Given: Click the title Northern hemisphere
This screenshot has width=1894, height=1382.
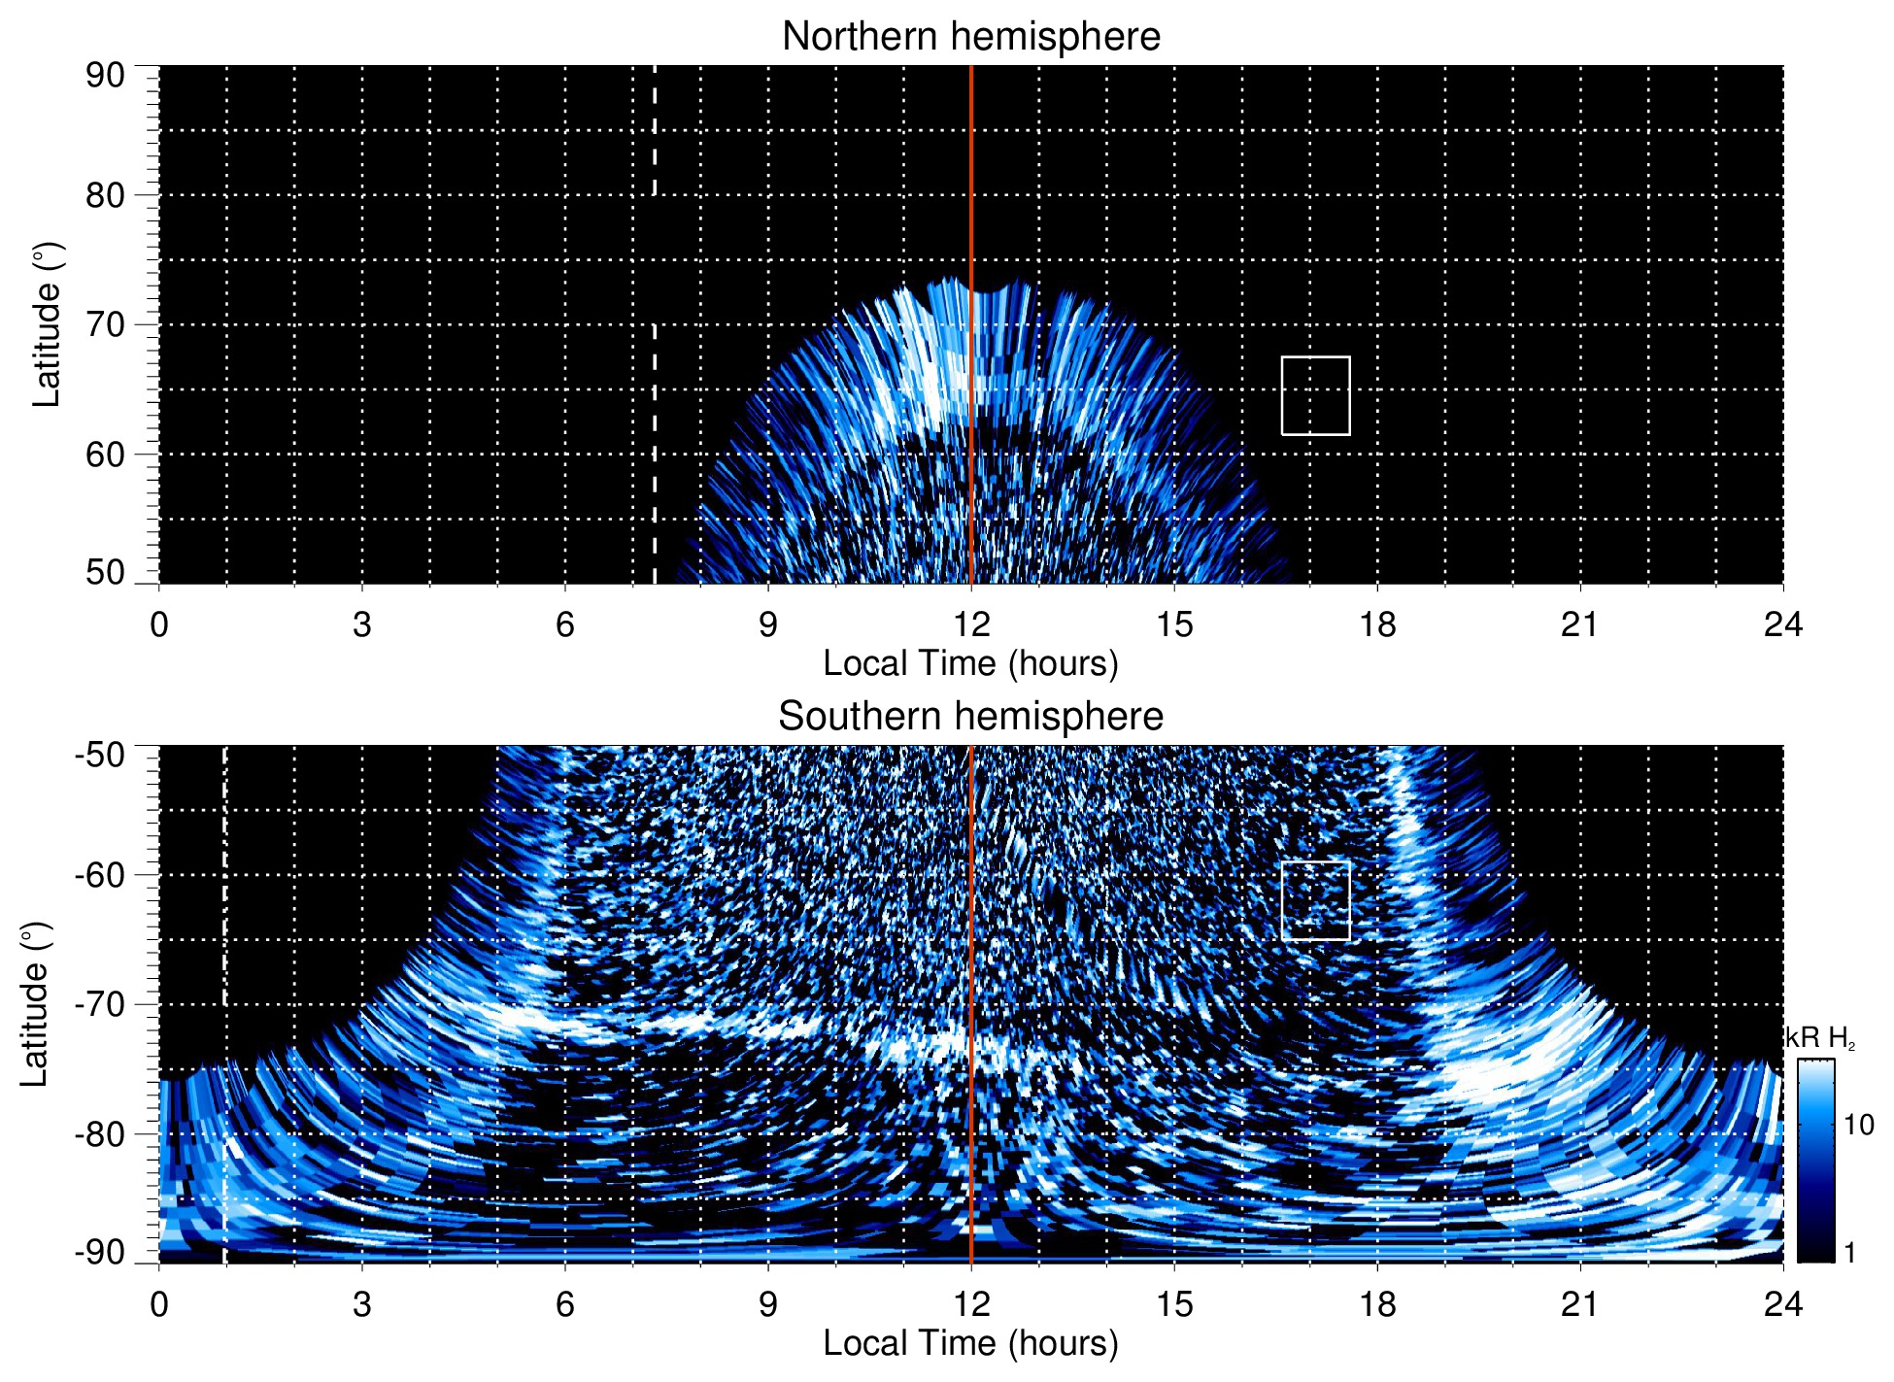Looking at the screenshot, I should tap(970, 37).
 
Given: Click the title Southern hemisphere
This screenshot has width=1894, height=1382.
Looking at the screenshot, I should tap(970, 717).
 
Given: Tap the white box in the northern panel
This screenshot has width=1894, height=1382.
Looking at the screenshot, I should tap(1315, 395).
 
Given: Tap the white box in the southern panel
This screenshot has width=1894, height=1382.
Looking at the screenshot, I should tap(1315, 900).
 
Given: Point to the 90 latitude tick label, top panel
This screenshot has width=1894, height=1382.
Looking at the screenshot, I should tap(105, 76).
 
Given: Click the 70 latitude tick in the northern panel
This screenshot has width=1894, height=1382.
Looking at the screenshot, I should tap(105, 324).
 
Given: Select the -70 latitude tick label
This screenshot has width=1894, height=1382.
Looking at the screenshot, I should tap(100, 1004).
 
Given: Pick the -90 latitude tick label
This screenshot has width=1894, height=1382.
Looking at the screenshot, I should tap(100, 1252).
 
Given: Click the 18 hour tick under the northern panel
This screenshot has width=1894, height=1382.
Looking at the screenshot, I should tap(1377, 624).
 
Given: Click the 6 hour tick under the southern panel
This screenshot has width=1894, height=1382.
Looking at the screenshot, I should tap(565, 1304).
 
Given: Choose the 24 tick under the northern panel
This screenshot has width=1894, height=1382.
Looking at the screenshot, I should tap(1782, 624).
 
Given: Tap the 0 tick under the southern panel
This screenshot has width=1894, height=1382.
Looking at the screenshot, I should tap(159, 1304).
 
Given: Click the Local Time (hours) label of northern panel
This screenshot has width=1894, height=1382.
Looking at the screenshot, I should tap(970, 663).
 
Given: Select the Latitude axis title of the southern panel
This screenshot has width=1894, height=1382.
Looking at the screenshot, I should tap(35, 1004).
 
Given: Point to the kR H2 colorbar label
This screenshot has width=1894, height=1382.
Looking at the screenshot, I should tap(1820, 1038).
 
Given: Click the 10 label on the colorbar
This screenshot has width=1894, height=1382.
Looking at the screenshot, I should tap(1858, 1125).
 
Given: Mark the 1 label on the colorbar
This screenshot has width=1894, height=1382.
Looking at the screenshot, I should tap(1849, 1253).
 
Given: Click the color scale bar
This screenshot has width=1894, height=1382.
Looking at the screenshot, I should tap(1815, 1161).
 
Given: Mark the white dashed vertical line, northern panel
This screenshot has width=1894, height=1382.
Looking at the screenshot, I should tap(654, 437).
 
